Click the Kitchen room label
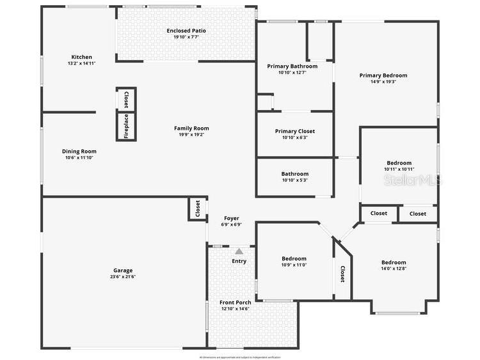81,57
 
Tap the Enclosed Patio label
186,31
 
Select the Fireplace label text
126,126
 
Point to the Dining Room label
79,152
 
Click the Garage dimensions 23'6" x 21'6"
124,276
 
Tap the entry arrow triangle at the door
239,251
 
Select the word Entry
239,261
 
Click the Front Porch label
235,302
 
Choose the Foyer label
231,218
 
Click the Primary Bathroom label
292,66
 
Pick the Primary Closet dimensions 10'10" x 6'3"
294,137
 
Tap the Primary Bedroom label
383,75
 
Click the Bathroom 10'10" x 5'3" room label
294,174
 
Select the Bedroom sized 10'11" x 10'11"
399,163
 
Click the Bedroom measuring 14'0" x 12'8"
394,262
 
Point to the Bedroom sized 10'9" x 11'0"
294,259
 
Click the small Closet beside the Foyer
198,209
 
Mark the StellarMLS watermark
413,181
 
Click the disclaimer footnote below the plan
239,357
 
